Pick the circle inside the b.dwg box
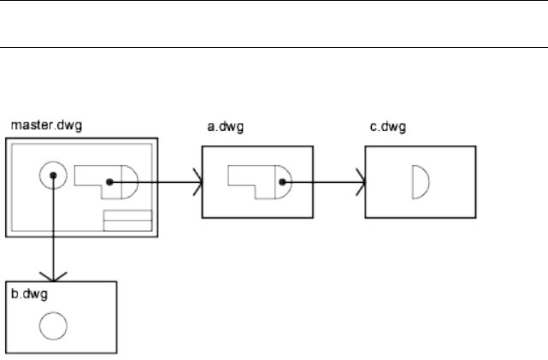pyautogui.click(x=54, y=324)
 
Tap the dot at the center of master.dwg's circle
pyautogui.click(x=53, y=175)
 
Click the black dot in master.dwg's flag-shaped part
pyautogui.click(x=109, y=181)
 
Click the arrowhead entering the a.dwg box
pyautogui.click(x=198, y=181)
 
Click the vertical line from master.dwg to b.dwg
pyautogui.click(x=53, y=231)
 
